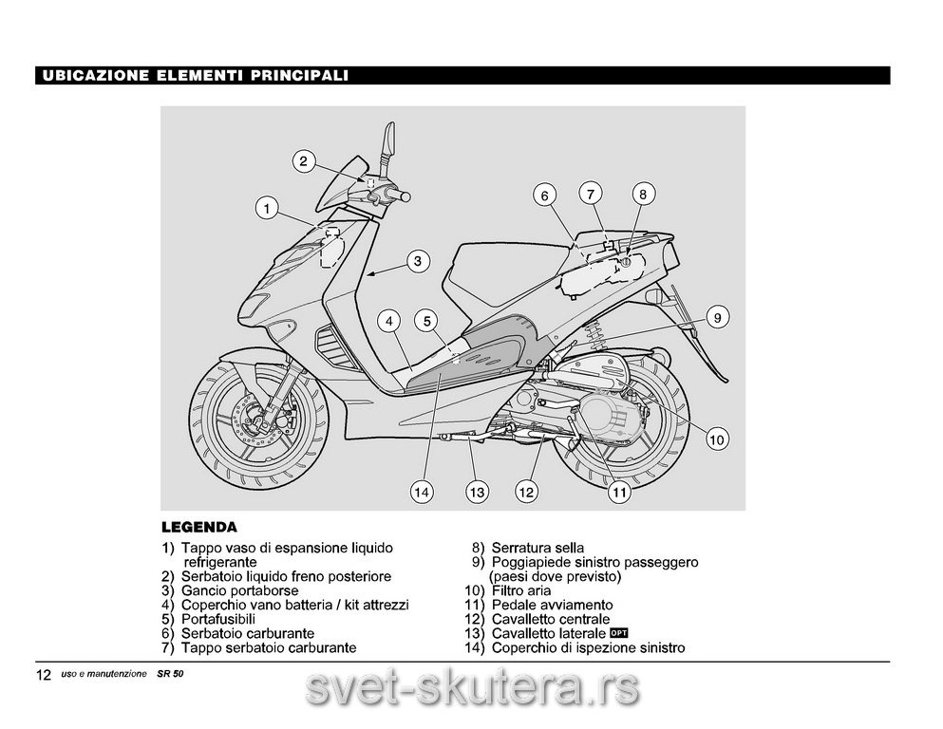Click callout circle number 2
point(304,161)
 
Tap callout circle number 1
point(267,209)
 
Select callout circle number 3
point(418,261)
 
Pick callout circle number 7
point(591,195)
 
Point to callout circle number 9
point(718,317)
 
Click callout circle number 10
point(717,439)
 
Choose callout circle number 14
point(422,493)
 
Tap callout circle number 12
point(526,493)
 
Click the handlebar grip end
point(405,196)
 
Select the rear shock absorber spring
point(594,335)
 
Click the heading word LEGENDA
point(199,528)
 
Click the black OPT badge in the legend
point(619,632)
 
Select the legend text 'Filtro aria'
point(520,590)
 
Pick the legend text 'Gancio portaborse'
point(240,590)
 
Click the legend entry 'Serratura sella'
point(538,548)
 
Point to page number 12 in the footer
point(44,675)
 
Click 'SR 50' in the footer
point(170,674)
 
